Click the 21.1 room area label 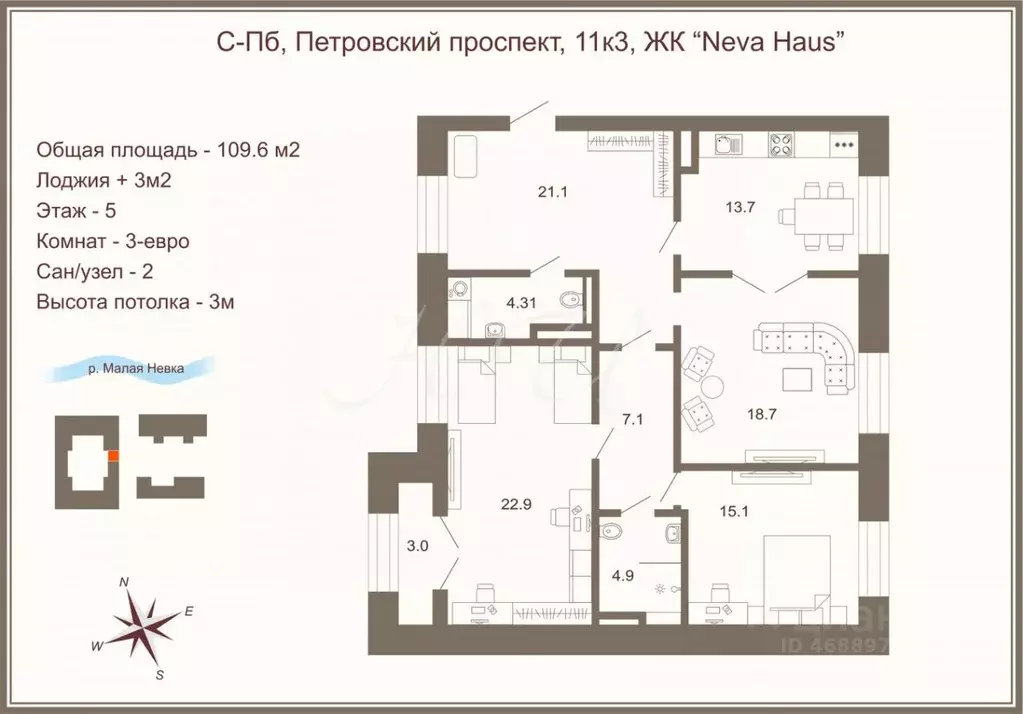pyautogui.click(x=552, y=192)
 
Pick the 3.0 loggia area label pyautogui.click(x=417, y=545)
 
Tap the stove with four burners pyautogui.click(x=781, y=144)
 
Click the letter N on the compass pyautogui.click(x=124, y=581)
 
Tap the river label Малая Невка pyautogui.click(x=135, y=368)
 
